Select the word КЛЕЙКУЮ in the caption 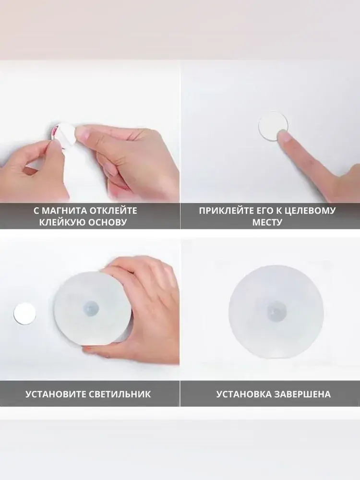[x=62, y=222]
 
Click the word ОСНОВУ [x=107, y=222]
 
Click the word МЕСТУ [x=267, y=222]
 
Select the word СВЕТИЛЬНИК [x=120, y=394]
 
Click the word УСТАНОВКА [x=244, y=394]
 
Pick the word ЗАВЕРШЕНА [x=302, y=394]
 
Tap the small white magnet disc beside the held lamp [x=24, y=314]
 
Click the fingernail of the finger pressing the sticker [x=284, y=136]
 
